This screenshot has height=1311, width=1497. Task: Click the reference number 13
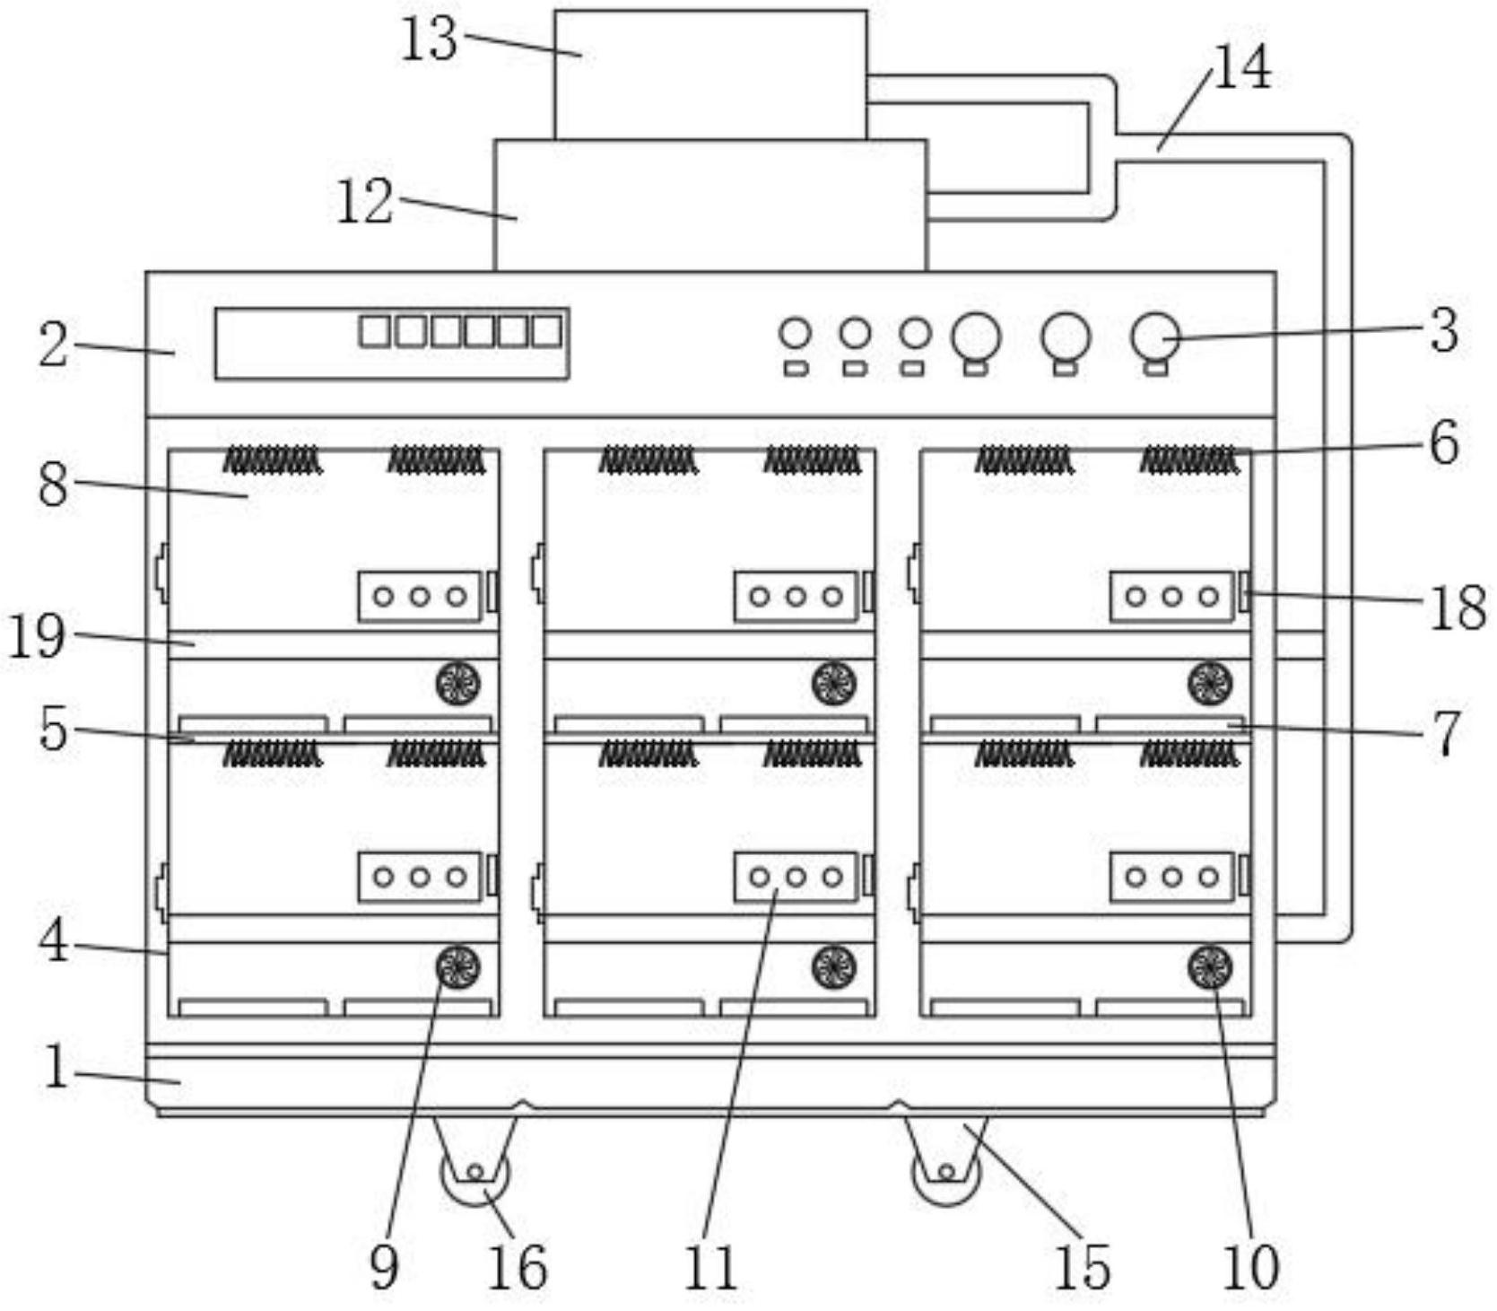pos(430,40)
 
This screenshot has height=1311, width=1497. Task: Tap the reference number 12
pos(364,202)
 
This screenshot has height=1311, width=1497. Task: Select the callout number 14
pos(1241,67)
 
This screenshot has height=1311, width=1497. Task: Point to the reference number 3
pos(1444,330)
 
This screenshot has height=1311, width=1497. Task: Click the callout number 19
pos(37,637)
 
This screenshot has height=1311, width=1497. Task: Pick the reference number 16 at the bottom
pos(517,1267)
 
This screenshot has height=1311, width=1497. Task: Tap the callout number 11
pos(710,1267)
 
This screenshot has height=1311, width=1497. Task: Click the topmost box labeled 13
pos(710,75)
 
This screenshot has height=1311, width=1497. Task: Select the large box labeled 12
pos(710,205)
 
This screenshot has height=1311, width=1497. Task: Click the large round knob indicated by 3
pos(1155,336)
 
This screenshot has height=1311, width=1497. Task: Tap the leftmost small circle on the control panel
pos(795,334)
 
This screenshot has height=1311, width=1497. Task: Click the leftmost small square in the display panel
pos(375,331)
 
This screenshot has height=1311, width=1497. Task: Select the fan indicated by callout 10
pos(1210,967)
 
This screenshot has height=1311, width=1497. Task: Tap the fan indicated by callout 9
pos(457,967)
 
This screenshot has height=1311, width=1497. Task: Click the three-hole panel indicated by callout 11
pos(796,877)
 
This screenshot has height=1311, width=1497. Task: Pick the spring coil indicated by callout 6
pos(1189,460)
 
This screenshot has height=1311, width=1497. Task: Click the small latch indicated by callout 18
pos(1244,592)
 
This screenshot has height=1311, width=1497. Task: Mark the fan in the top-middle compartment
pos(834,684)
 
